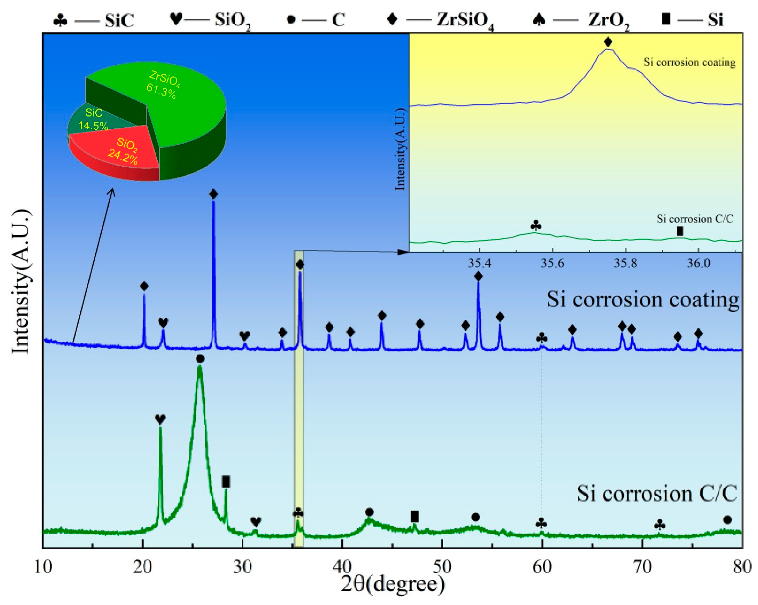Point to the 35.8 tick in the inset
[625, 263]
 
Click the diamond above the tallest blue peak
[213, 194]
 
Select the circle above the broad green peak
[200, 359]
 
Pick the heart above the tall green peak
[160, 419]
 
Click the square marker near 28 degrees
[226, 482]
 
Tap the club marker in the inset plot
[535, 225]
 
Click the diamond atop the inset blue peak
[608, 42]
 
